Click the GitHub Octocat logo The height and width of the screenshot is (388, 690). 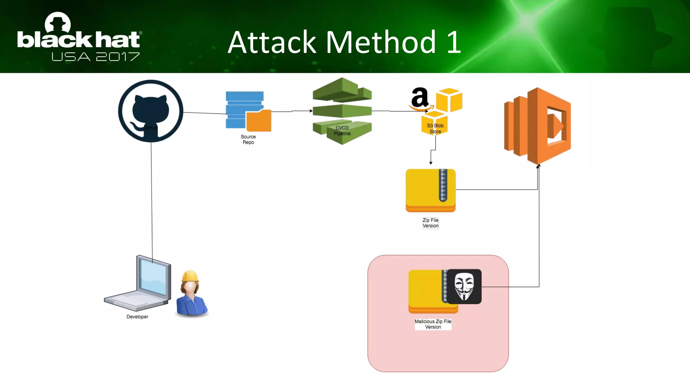151,111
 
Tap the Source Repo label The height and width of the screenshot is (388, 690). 248,139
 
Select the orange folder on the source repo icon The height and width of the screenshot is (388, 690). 259,121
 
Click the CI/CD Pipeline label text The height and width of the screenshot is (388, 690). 342,131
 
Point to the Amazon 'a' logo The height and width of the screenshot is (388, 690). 419,98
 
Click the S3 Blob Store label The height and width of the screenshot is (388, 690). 435,129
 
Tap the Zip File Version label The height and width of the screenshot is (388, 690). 430,223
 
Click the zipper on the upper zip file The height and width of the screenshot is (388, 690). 443,186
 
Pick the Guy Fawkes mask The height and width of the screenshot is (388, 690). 464,286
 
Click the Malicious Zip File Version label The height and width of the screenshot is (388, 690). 433,324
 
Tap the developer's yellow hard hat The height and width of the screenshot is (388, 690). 190,276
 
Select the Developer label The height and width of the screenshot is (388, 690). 137,317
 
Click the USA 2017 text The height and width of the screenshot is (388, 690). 95,57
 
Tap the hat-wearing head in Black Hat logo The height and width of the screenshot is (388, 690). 58,23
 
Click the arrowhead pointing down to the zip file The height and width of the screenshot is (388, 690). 431,163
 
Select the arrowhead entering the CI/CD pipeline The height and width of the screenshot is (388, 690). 311,111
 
